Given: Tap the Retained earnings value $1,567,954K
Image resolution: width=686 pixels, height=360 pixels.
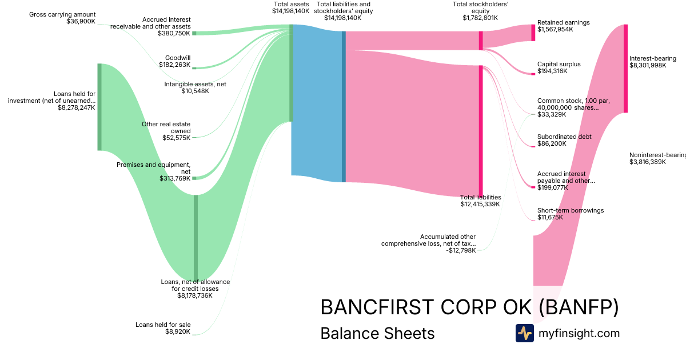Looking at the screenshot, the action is [555, 29].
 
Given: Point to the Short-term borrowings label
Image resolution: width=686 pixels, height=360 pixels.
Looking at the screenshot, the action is [571, 210].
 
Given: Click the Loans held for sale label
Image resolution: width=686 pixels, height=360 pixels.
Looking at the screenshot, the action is [163, 325].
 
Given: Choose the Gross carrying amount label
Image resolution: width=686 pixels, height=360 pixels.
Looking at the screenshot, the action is [62, 14].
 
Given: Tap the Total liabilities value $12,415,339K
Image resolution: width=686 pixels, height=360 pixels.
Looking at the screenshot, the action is [480, 204].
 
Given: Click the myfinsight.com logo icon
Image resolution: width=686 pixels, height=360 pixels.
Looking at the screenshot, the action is [524, 333].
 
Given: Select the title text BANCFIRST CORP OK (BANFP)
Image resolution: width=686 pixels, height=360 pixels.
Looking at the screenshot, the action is [469, 307].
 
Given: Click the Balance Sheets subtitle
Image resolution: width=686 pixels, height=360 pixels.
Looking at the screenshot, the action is [377, 333].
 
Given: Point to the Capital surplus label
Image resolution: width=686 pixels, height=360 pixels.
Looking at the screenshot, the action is [559, 64].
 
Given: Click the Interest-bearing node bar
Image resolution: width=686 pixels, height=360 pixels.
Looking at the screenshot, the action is [625, 69].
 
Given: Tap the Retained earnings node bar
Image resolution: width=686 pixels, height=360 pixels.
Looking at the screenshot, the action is [533, 33].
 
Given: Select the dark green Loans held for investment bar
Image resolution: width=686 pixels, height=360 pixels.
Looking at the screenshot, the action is [99, 107].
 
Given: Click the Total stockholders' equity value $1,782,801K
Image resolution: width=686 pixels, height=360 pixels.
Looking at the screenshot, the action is [480, 18].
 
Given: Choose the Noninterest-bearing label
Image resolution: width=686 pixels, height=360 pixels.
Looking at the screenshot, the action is [657, 155].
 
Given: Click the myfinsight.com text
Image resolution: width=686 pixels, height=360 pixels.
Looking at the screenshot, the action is [579, 333].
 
